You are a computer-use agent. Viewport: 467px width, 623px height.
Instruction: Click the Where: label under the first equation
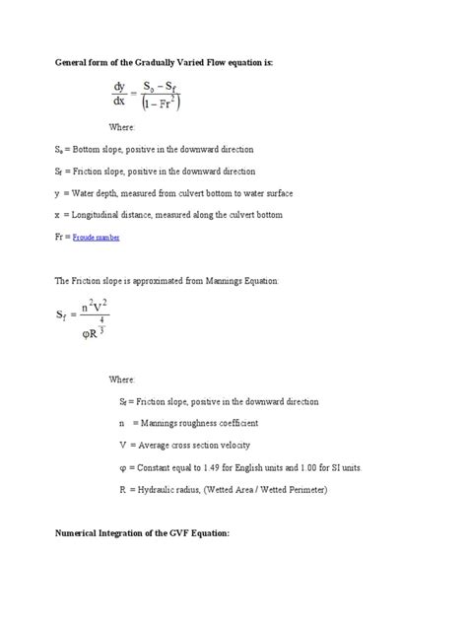pos(121,127)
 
